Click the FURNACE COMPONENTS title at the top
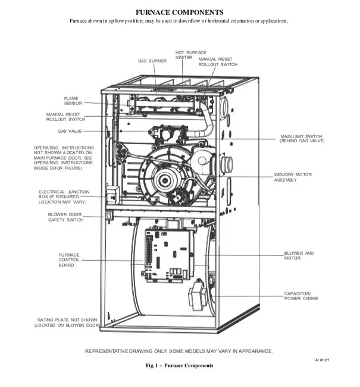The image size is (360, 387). pyautogui.click(x=180, y=12)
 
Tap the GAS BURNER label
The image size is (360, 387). pyautogui.click(x=152, y=61)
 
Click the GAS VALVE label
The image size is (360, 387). pyautogui.click(x=70, y=130)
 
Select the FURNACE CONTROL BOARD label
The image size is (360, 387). pyautogui.click(x=69, y=260)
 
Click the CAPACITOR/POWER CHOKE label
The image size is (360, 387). pyautogui.click(x=302, y=296)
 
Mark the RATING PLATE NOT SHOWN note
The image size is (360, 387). pyautogui.click(x=66, y=323)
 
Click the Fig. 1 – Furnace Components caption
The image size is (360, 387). pyautogui.click(x=180, y=365)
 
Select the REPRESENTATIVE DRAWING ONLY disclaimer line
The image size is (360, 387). pyautogui.click(x=180, y=351)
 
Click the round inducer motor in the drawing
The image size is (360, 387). pyautogui.click(x=170, y=177)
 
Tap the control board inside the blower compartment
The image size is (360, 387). pyautogui.click(x=169, y=255)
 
